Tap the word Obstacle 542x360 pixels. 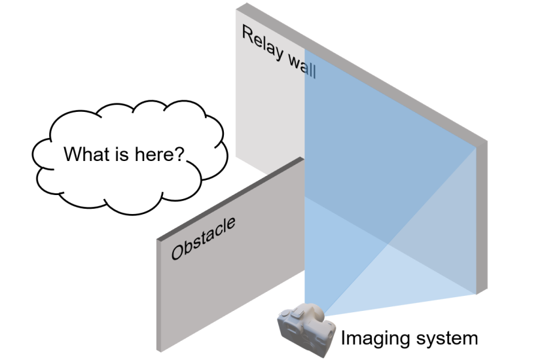[203, 238]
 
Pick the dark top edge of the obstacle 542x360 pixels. [230, 198]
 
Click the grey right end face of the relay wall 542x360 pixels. [482, 218]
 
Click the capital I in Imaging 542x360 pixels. [343, 337]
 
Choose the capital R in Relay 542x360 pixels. [248, 34]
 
